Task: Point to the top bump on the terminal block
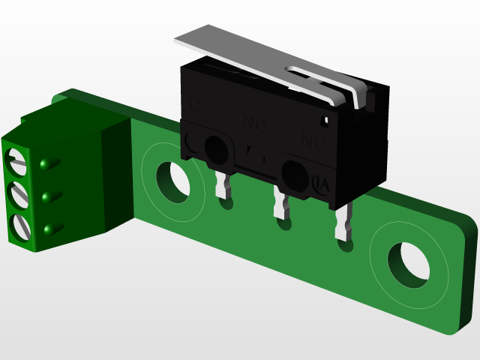46,163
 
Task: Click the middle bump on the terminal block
48,196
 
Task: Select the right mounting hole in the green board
408,262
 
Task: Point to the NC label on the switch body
312,140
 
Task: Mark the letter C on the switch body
196,106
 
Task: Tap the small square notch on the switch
326,119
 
